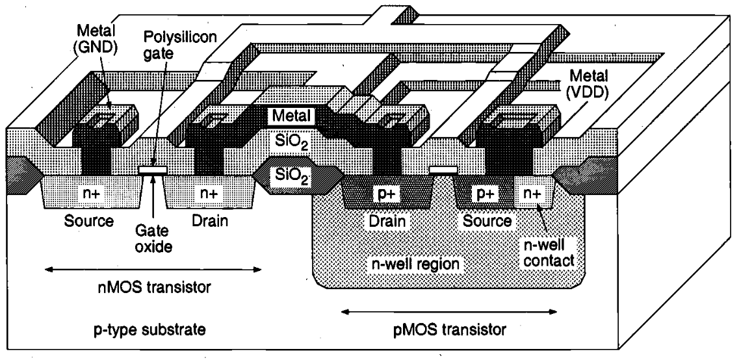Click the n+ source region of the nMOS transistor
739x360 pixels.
pos(80,193)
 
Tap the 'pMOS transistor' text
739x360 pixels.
pos(445,330)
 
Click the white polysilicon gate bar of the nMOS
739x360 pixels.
pos(153,171)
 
